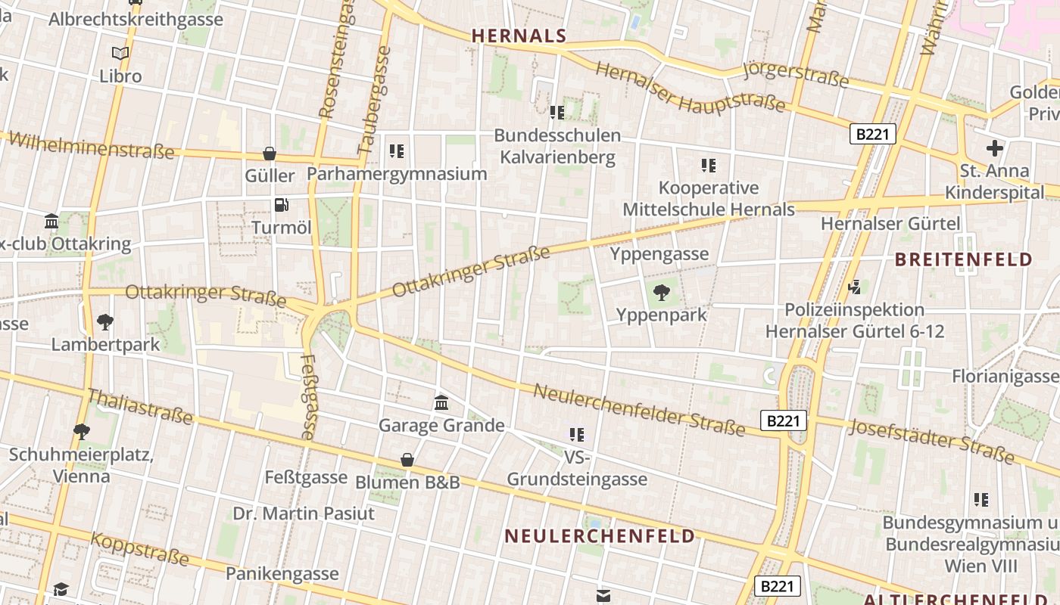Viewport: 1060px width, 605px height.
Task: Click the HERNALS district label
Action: [519, 36]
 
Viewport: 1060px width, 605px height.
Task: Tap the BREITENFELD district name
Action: [964, 259]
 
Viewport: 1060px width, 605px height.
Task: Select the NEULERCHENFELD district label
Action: [600, 536]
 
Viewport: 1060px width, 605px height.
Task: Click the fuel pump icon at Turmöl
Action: [282, 205]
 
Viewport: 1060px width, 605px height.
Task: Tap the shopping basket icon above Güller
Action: [270, 154]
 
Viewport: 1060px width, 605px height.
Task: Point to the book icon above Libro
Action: [120, 53]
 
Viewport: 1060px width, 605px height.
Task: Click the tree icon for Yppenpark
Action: [661, 292]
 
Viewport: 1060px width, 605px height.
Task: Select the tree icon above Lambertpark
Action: [105, 322]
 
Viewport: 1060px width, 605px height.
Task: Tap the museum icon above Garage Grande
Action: [441, 402]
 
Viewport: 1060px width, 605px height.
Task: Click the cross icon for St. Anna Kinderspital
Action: [994, 148]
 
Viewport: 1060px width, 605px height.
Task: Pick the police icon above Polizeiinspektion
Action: [855, 287]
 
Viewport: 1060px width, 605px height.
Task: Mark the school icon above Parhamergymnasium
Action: [396, 151]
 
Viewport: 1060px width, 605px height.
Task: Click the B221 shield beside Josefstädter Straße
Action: [783, 420]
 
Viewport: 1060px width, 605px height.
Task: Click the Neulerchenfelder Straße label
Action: [639, 410]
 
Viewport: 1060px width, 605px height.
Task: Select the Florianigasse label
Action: [1005, 376]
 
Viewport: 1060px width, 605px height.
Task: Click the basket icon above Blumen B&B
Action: [407, 460]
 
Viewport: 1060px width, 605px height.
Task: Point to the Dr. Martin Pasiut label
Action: [304, 513]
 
